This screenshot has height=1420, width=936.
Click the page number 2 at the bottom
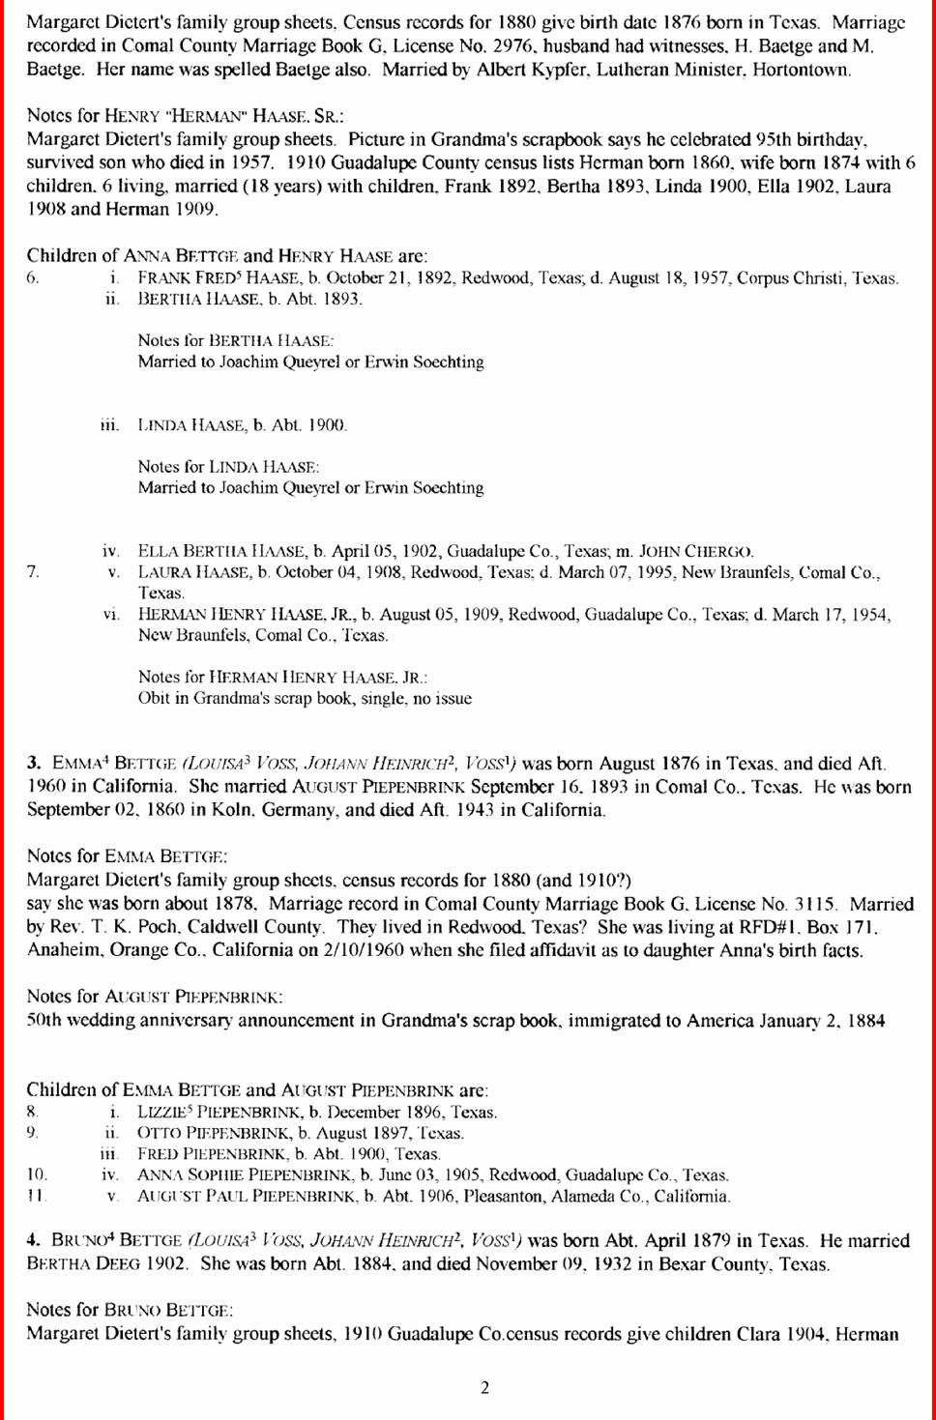(484, 1388)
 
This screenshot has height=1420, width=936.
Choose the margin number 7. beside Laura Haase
(33, 572)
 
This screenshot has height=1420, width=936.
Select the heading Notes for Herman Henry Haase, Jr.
(282, 677)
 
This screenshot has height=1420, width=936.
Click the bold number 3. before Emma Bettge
(34, 763)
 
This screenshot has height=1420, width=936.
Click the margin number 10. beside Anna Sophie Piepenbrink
(36, 1175)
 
